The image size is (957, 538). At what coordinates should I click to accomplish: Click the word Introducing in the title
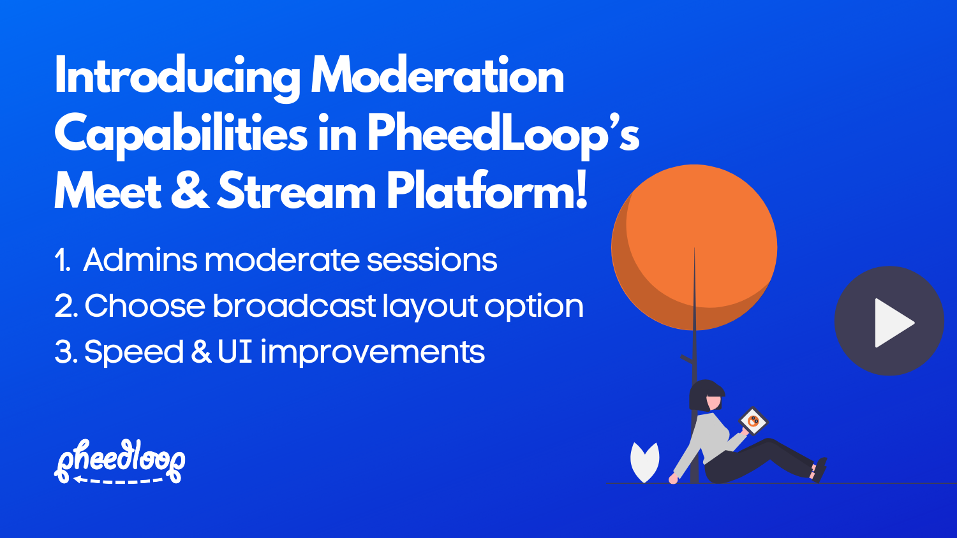(177, 77)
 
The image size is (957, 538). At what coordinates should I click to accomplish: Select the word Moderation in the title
(437, 76)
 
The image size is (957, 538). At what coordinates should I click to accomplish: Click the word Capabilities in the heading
(181, 134)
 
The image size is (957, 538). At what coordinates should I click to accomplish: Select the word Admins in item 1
(140, 260)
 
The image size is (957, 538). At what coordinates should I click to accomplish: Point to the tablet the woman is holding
(753, 421)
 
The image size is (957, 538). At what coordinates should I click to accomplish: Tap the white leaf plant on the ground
(644, 462)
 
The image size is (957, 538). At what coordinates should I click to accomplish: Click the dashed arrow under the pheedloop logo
(118, 480)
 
